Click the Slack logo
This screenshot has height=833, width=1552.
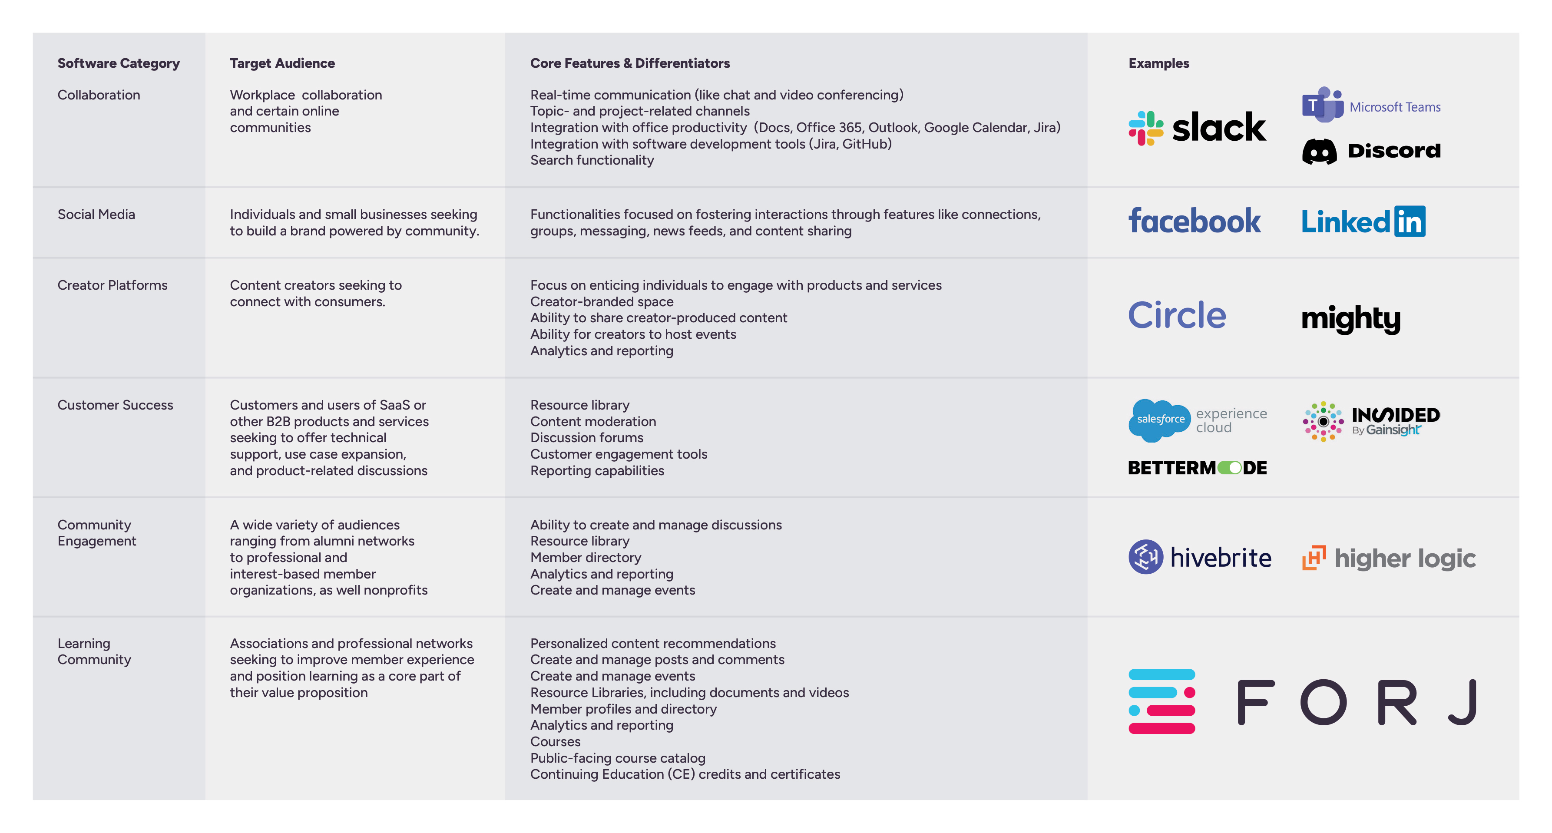point(1197,128)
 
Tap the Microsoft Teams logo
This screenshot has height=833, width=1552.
point(1371,106)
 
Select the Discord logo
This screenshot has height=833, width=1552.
point(1371,151)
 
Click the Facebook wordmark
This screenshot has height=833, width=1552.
point(1194,221)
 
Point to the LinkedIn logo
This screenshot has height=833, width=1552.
point(1363,221)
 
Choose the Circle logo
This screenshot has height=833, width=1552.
point(1177,315)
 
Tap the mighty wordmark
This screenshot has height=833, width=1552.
point(1350,318)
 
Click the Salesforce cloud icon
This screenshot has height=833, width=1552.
point(1159,420)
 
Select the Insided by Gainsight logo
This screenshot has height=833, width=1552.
point(1371,421)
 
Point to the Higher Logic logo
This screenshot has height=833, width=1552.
point(1389,558)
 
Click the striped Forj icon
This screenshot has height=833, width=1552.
point(1161,701)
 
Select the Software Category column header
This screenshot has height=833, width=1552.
point(119,63)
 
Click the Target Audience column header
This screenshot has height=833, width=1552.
point(282,63)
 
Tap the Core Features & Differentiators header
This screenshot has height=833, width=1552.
point(629,63)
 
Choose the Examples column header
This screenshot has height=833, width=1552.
point(1158,63)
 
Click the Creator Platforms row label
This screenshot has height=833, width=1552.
point(113,285)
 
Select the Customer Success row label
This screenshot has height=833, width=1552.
point(115,405)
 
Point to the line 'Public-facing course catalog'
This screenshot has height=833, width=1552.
point(618,758)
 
